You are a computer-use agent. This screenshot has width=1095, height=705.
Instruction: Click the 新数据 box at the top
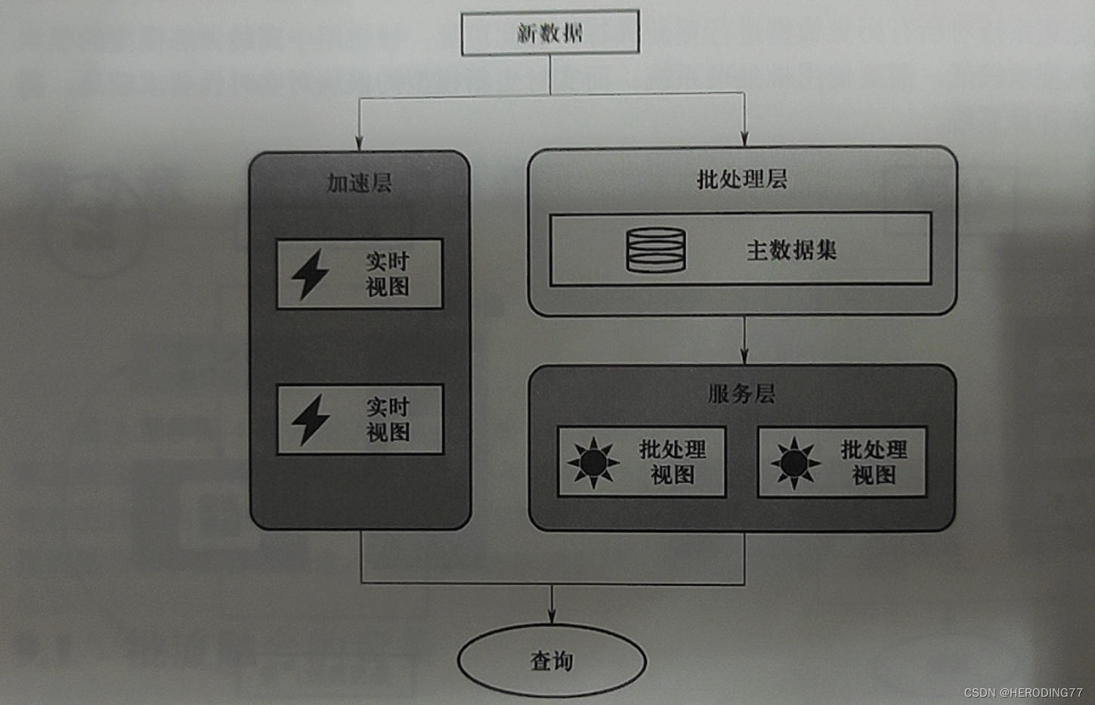550,32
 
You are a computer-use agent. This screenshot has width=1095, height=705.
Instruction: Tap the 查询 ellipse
552,661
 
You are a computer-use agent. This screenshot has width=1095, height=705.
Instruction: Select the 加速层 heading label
359,183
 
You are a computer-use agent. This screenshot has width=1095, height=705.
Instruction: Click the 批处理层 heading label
741,180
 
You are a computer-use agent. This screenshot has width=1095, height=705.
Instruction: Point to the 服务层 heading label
741,394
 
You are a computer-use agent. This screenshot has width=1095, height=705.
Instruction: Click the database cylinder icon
656,250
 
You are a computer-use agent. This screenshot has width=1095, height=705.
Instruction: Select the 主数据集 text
791,250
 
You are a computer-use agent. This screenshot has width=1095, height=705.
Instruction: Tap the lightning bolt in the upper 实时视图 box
311,274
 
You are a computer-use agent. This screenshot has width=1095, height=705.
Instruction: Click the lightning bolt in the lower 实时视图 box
311,419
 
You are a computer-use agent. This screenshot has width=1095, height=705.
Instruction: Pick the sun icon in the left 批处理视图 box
593,462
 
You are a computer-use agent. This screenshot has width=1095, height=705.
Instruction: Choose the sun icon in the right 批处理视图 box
794,462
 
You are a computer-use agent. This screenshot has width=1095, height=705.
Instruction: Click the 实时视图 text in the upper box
388,274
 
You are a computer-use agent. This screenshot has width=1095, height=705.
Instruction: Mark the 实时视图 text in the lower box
388,419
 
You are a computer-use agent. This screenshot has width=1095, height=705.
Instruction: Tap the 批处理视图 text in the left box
673,462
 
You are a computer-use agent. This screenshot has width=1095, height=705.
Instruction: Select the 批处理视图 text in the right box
874,462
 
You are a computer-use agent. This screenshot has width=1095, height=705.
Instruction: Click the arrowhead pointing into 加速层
359,143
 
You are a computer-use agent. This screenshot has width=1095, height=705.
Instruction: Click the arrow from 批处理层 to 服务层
744,340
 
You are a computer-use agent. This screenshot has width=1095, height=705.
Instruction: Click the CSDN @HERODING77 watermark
1023,692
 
